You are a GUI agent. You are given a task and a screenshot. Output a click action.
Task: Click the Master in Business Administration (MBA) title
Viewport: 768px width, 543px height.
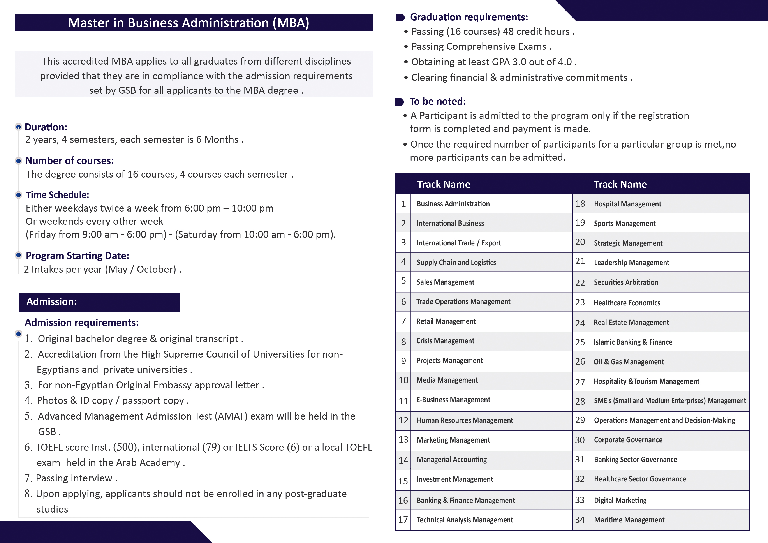(189, 23)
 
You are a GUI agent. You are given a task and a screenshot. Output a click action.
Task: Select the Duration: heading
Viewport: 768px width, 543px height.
(46, 127)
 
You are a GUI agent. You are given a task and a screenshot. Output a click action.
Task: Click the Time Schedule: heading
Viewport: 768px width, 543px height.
(58, 195)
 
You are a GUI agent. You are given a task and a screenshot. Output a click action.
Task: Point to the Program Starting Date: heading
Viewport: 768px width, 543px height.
(77, 256)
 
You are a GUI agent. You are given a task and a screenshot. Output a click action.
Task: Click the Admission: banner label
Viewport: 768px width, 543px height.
(51, 302)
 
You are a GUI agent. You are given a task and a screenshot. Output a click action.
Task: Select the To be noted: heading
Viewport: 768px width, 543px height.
(437, 101)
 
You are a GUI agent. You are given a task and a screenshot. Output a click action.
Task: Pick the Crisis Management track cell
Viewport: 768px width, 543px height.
(445, 341)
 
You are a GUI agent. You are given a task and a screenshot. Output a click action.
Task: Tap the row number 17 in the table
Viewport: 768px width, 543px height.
(403, 520)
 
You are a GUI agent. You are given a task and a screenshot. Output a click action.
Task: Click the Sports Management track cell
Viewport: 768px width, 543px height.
(625, 224)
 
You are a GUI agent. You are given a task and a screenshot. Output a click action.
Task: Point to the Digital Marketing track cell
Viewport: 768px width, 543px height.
(620, 501)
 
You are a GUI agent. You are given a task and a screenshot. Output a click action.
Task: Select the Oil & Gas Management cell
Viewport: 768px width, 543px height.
(629, 362)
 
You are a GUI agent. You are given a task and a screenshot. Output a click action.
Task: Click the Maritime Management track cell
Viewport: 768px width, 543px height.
(629, 520)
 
